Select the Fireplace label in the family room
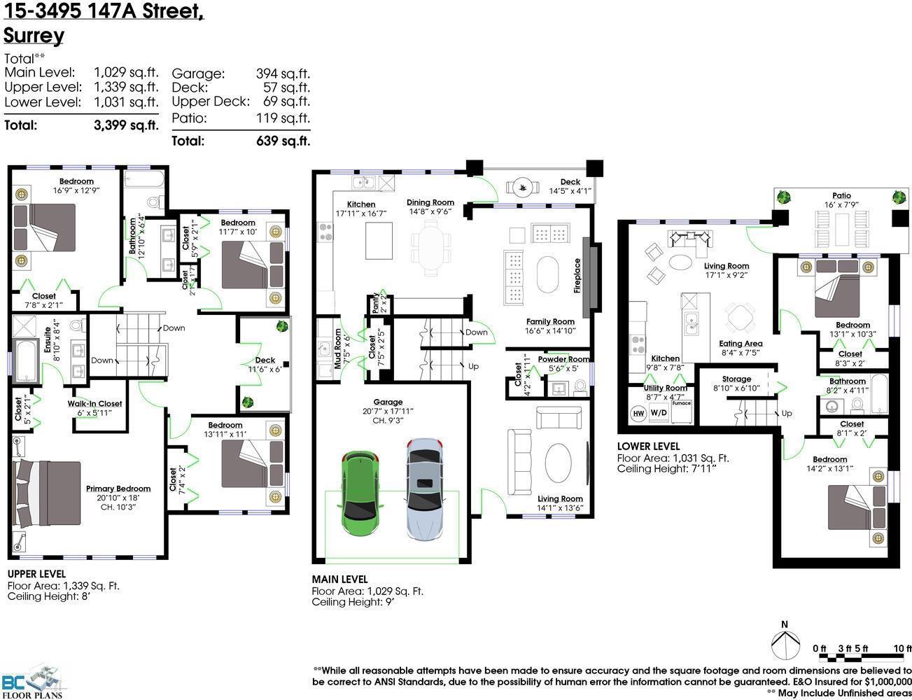pyautogui.click(x=577, y=275)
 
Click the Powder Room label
pyautogui.click(x=563, y=359)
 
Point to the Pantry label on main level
pyautogui.click(x=376, y=304)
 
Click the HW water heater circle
pyautogui.click(x=638, y=413)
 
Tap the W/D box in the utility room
pyautogui.click(x=659, y=413)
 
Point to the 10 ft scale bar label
pyautogui.click(x=903, y=648)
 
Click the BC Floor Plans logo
pyautogui.click(x=32, y=685)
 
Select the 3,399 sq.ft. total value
pyautogui.click(x=126, y=126)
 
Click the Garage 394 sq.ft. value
pyautogui.click(x=283, y=73)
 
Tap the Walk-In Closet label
pyautogui.click(x=94, y=404)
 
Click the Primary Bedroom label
pyautogui.click(x=118, y=489)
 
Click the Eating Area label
pyautogui.click(x=741, y=344)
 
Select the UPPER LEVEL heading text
pyautogui.click(x=36, y=573)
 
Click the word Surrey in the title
pyautogui.click(x=34, y=36)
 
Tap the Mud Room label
pyautogui.click(x=337, y=349)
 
